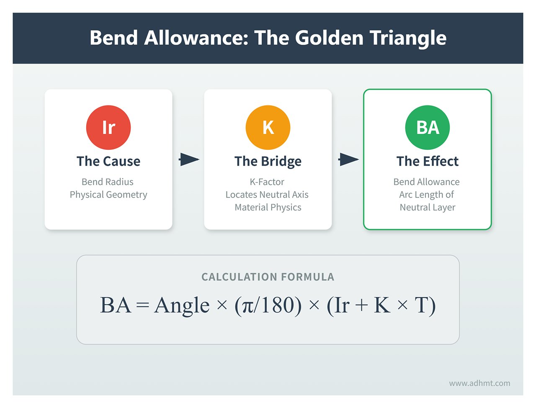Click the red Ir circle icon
pyautogui.click(x=108, y=127)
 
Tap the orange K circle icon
pyautogui.click(x=268, y=127)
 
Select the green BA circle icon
pyautogui.click(x=427, y=127)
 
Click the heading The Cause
pyautogui.click(x=108, y=161)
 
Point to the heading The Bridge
pyautogui.click(x=268, y=161)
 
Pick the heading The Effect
pyautogui.click(x=427, y=161)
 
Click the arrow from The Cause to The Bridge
pyautogui.click(x=189, y=159)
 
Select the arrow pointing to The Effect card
pyautogui.click(x=348, y=159)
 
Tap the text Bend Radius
pyautogui.click(x=108, y=182)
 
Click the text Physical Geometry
pyautogui.click(x=108, y=195)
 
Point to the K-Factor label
pyautogui.click(x=267, y=182)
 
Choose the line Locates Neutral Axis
pyautogui.click(x=267, y=195)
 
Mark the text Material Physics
pyautogui.click(x=268, y=207)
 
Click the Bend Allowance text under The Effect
pyautogui.click(x=426, y=182)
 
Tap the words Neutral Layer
pyautogui.click(x=427, y=207)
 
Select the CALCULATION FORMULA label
pyautogui.click(x=268, y=277)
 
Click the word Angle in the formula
pyautogui.click(x=182, y=305)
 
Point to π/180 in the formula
pyautogui.click(x=268, y=305)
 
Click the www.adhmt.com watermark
pyautogui.click(x=479, y=383)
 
